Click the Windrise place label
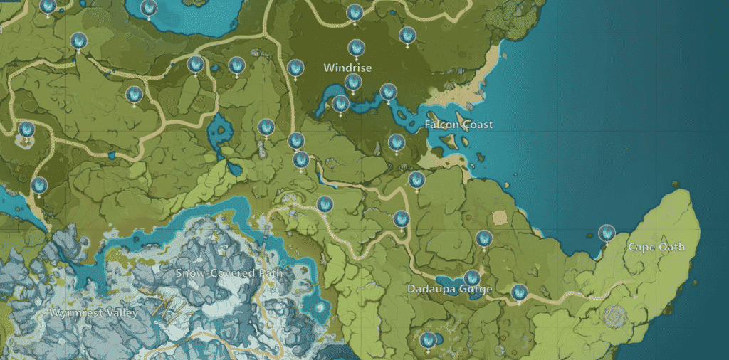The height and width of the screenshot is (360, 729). [347, 68]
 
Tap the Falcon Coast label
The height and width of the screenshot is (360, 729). [458, 125]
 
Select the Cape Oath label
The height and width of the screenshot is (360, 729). [656, 247]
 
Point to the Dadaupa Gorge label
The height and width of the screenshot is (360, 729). [449, 290]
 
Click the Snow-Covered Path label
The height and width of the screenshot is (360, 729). [229, 272]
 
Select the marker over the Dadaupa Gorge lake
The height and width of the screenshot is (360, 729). [471, 279]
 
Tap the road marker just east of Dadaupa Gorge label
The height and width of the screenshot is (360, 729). [520, 292]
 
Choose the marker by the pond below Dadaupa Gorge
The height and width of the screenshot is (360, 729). [428, 340]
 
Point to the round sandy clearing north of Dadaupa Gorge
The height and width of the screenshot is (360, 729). [498, 216]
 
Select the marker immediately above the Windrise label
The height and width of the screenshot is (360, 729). [356, 48]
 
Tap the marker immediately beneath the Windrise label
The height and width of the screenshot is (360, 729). [352, 83]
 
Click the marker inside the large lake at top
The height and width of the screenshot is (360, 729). [149, 9]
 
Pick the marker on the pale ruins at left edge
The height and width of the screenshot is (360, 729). [26, 131]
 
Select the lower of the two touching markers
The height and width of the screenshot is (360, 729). [301, 160]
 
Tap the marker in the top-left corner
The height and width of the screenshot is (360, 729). [48, 7]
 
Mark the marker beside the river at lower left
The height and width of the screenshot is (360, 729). [39, 186]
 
